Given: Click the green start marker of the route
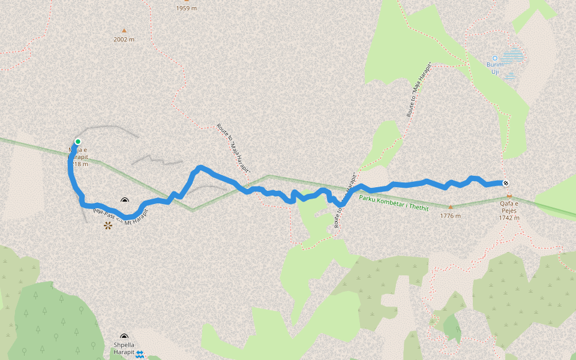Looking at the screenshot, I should coord(77,142).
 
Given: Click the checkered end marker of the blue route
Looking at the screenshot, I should coord(506,184).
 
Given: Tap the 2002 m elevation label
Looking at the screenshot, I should coord(124,40).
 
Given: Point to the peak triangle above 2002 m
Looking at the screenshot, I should coord(124,31).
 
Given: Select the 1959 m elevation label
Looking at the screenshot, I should coord(187,8).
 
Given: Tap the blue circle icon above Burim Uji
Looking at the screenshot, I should coord(494,58).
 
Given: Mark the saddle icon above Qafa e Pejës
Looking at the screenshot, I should coord(509,196).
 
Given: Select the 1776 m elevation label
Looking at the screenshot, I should coord(451,216).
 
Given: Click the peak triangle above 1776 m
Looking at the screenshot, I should coord(451,207).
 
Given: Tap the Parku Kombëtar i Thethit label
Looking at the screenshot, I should coord(394,203).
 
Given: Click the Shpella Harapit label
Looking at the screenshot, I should coord(124,349).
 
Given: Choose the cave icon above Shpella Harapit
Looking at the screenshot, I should coord(124,337).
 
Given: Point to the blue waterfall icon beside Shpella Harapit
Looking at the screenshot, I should coord(140,355).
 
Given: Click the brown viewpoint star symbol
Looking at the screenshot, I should coord(108,226).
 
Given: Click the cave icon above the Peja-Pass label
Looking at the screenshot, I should coord(125,201).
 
